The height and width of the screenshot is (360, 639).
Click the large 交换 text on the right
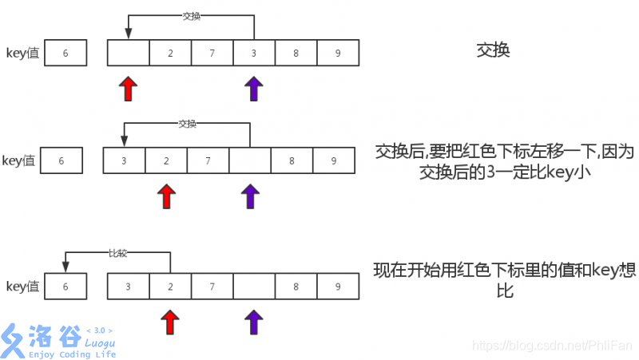click(x=493, y=50)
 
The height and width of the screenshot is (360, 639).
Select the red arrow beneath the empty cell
click(x=128, y=89)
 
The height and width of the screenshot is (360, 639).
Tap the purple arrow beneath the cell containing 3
click(x=253, y=89)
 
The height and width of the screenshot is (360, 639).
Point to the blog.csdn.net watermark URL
click(x=552, y=346)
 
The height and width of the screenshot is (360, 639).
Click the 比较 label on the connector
click(x=117, y=252)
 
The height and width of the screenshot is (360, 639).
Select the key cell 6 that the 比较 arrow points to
click(x=65, y=286)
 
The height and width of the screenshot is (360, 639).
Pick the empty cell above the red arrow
click(x=129, y=53)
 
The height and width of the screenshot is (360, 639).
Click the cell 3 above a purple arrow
click(x=254, y=53)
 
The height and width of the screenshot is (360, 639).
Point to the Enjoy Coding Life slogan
click(x=72, y=354)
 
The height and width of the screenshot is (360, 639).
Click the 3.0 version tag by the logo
click(x=100, y=330)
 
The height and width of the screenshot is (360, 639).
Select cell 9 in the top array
click(x=338, y=53)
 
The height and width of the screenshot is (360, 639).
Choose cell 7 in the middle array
click(x=208, y=160)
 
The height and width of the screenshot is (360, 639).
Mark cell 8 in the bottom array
click(x=296, y=286)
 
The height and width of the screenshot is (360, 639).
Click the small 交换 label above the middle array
click(x=187, y=124)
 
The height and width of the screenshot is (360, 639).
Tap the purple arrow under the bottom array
click(x=254, y=322)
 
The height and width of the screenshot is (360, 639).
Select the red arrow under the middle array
click(x=166, y=196)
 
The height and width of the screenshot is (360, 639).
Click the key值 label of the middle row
click(x=19, y=160)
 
